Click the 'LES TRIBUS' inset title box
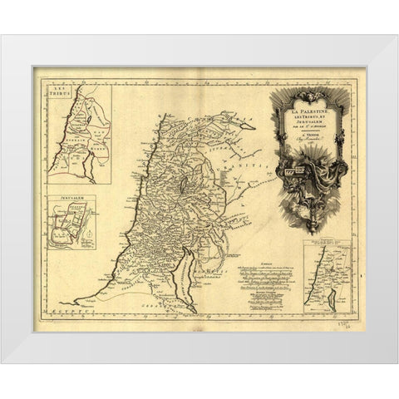pyautogui.click(x=61, y=91)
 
